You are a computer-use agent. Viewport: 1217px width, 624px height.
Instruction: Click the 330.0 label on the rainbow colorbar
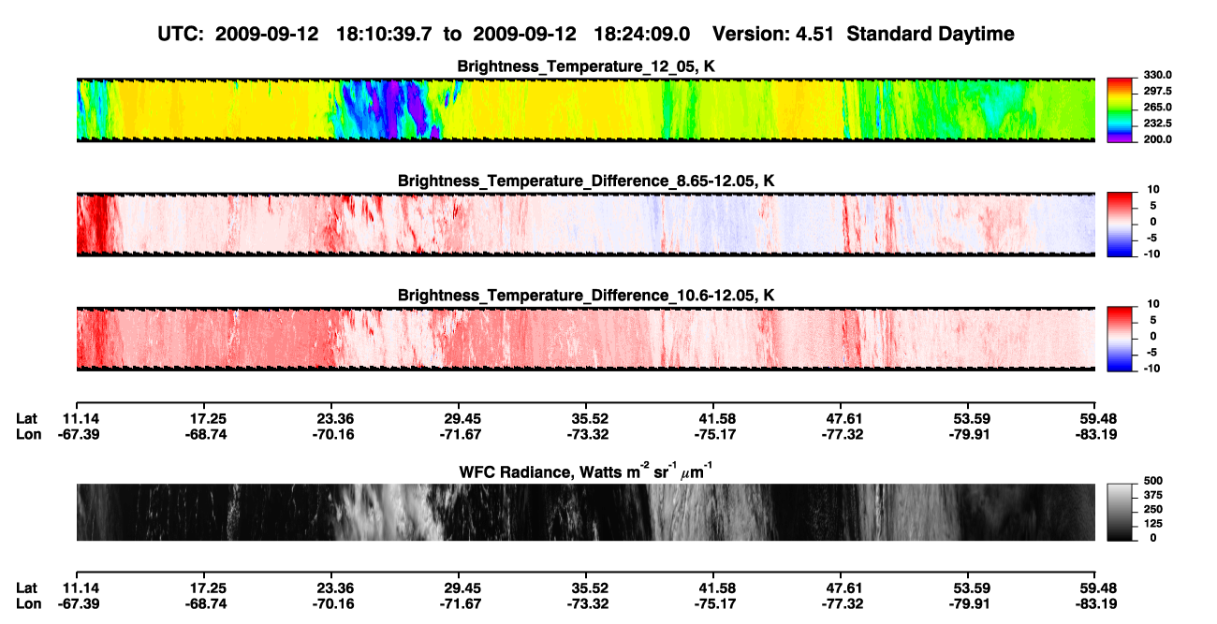click(1157, 75)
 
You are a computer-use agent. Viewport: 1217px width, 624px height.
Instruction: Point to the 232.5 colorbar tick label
click(1157, 123)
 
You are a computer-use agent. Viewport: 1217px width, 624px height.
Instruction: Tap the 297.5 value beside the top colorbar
click(1157, 92)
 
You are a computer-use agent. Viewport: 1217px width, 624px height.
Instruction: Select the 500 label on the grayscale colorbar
click(1153, 481)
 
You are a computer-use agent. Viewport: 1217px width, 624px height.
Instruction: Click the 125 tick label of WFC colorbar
click(1153, 524)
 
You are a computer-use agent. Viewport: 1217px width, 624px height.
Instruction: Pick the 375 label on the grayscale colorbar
click(1153, 495)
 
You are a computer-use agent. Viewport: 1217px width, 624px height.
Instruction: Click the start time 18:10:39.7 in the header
click(384, 35)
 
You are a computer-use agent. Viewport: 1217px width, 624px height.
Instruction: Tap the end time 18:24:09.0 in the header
click(641, 35)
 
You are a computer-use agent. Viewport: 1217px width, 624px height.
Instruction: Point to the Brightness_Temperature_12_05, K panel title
click(586, 66)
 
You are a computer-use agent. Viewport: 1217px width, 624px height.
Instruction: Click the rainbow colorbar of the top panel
click(1120, 110)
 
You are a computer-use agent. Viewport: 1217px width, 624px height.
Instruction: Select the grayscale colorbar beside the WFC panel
click(1120, 512)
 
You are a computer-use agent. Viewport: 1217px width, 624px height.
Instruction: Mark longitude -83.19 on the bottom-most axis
click(1096, 604)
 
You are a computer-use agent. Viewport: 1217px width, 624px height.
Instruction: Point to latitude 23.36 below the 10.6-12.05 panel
click(335, 419)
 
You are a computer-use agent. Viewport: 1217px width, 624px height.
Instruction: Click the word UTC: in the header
click(181, 35)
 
